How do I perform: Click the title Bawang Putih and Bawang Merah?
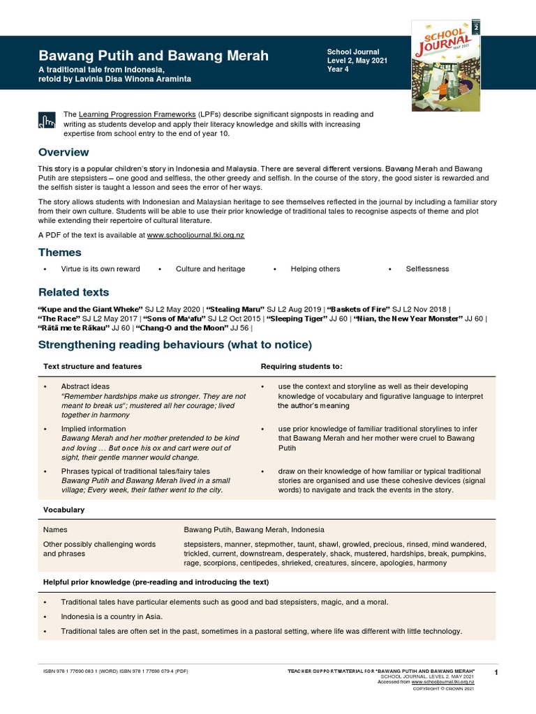point(152,55)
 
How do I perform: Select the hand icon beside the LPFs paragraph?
point(47,120)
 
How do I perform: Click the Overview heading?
point(64,152)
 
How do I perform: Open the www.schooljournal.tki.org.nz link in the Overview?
point(195,236)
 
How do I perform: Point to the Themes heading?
point(59,252)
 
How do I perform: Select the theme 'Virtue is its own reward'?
point(100,269)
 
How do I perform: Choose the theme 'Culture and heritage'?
point(210,269)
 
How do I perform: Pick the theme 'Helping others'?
point(315,269)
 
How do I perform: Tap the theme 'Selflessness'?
point(428,269)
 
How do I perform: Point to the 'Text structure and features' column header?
point(92,366)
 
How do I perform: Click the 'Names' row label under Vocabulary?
point(55,530)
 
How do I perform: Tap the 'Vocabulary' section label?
point(64,510)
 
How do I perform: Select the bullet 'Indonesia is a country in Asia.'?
point(112,616)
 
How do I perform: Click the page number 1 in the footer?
point(495,672)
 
